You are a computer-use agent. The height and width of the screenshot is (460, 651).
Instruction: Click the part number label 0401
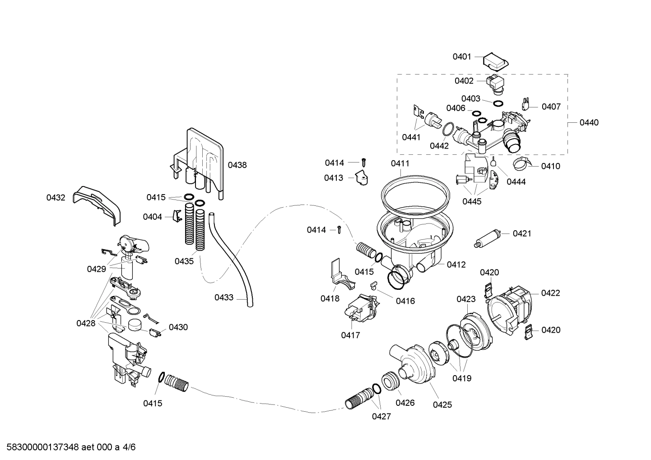[462, 56]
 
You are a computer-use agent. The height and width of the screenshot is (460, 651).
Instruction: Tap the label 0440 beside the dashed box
[589, 122]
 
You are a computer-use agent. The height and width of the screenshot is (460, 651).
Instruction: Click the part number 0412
[456, 265]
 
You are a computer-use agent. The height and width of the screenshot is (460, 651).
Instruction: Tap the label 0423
[466, 299]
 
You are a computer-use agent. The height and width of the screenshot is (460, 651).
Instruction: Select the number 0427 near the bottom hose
[381, 416]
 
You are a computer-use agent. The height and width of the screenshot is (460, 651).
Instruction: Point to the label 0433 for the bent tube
[224, 297]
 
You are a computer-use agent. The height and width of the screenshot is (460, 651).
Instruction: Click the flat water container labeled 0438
[203, 158]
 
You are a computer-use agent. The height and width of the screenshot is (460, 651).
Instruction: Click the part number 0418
[330, 298]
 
